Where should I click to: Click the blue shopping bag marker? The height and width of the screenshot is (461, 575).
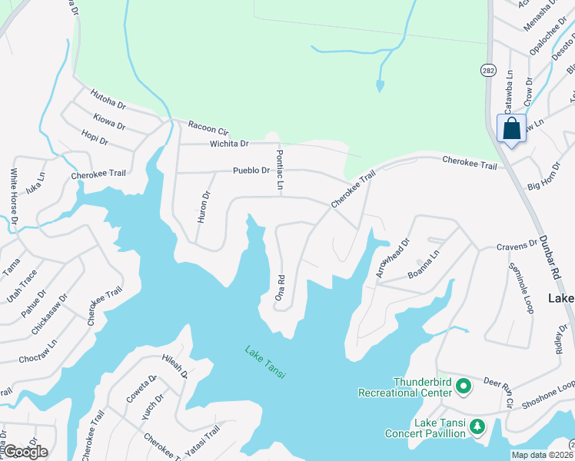tap(511, 128)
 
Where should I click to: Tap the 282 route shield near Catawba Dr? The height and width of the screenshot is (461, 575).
tap(488, 70)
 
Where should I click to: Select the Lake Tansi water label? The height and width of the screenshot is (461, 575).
tap(265, 362)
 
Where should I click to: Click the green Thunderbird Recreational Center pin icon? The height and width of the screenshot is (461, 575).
tap(464, 386)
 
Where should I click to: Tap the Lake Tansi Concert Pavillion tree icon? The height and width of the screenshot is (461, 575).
tap(477, 426)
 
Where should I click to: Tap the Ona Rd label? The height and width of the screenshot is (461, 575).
tap(281, 287)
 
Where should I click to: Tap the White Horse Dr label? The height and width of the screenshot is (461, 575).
tap(13, 199)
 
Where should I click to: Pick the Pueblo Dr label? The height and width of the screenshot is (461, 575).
tap(251, 171)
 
